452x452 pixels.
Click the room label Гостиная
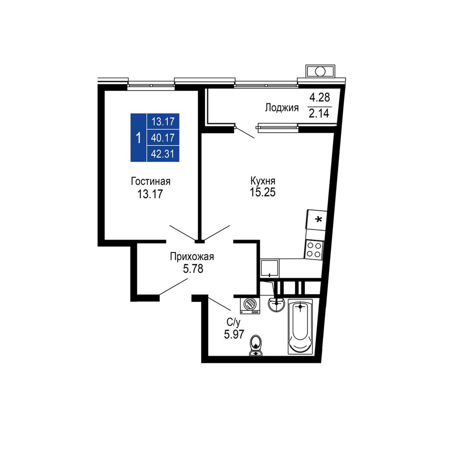click(150, 182)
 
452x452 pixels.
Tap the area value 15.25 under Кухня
click(262, 192)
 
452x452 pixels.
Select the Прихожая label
click(192, 257)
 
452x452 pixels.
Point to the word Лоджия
click(282, 108)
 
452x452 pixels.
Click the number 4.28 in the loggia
click(320, 97)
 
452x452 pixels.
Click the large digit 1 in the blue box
click(139, 138)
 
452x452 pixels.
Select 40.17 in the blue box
click(163, 138)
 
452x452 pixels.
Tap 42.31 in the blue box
click(163, 154)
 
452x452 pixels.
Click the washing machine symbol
click(250, 305)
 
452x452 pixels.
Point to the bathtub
click(300, 327)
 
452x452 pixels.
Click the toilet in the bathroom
click(256, 346)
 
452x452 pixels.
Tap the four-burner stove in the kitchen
click(314, 250)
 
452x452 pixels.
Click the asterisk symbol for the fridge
click(318, 219)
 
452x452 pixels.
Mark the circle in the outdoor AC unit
click(320, 71)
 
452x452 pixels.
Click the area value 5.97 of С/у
click(234, 334)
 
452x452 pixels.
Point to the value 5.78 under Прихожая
click(193, 269)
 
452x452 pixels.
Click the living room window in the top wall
click(151, 85)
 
